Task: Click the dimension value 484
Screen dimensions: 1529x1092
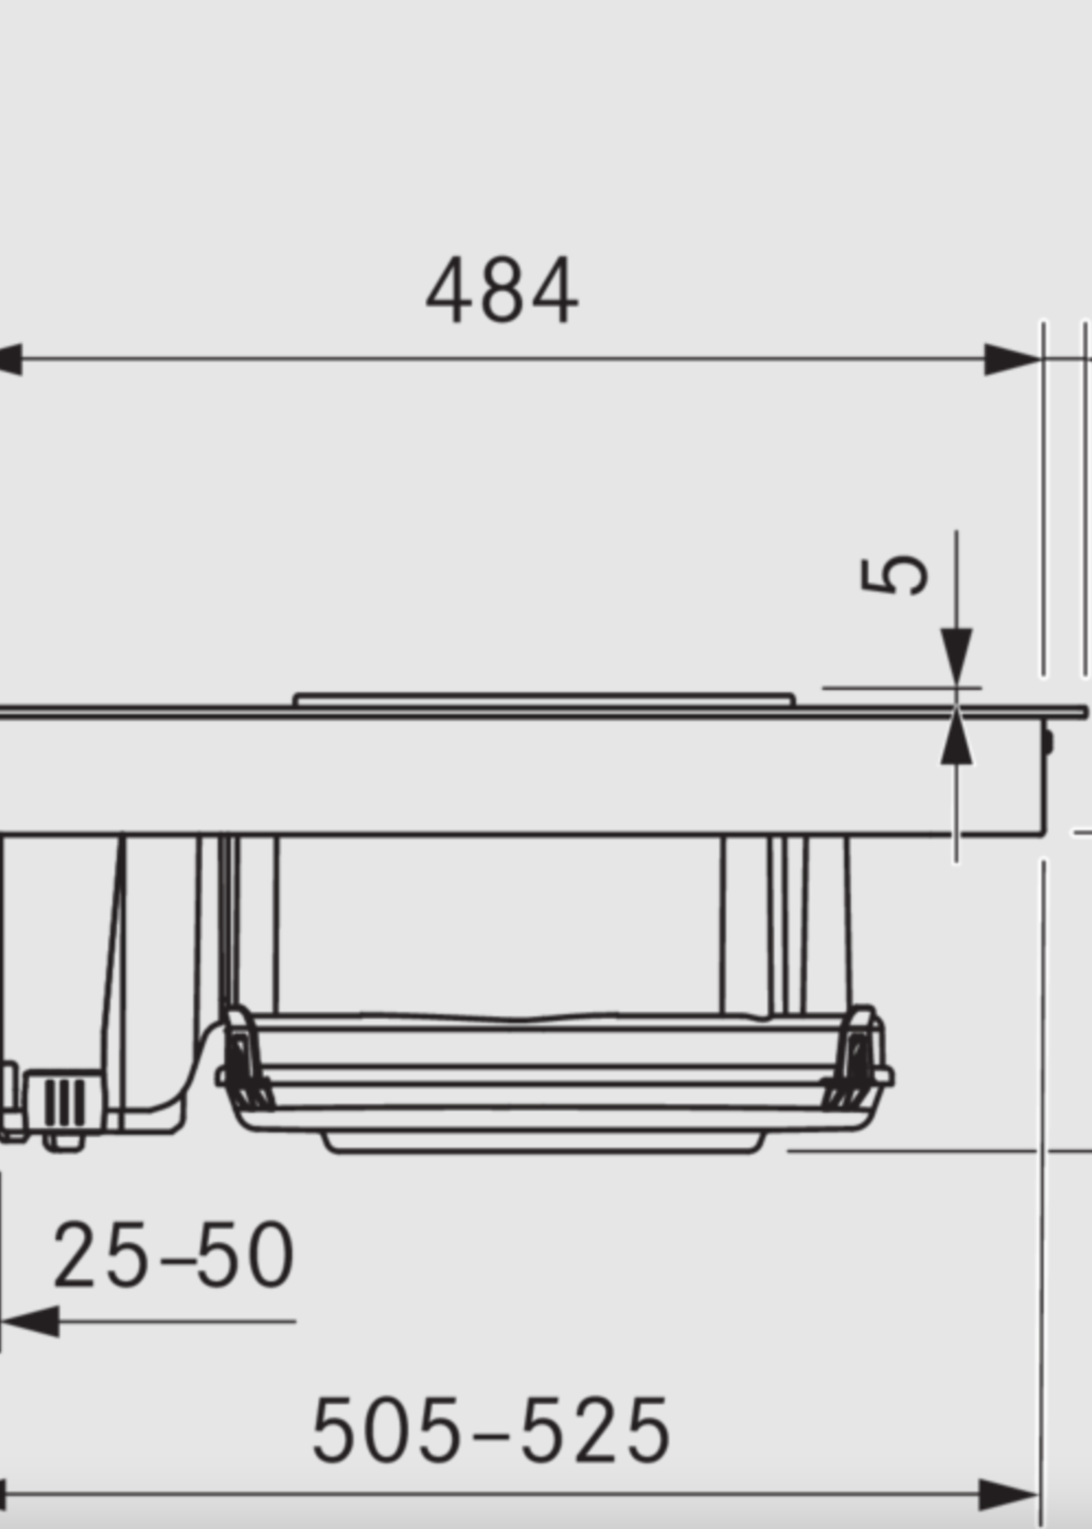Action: pyautogui.click(x=502, y=290)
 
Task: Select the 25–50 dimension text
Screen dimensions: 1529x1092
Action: pyautogui.click(x=173, y=1255)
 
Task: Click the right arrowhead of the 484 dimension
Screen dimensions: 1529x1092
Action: pyautogui.click(x=1011, y=359)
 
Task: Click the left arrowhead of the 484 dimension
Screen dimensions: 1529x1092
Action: pyautogui.click(x=9, y=359)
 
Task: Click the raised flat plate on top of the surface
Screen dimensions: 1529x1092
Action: pyautogui.click(x=543, y=699)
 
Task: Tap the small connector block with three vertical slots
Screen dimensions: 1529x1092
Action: pyautogui.click(x=65, y=1101)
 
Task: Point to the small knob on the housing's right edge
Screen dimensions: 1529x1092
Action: pyautogui.click(x=1048, y=742)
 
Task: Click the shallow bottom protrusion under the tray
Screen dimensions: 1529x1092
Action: pyautogui.click(x=543, y=1142)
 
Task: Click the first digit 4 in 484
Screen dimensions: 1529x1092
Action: pyautogui.click(x=447, y=290)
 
